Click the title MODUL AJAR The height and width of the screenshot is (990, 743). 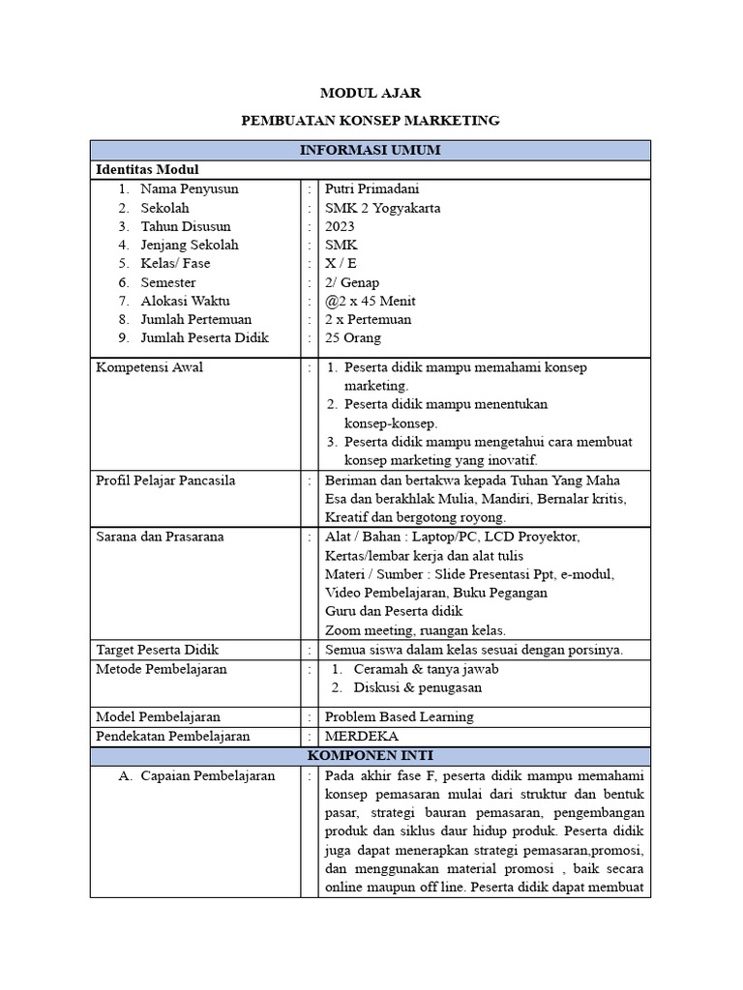point(371,94)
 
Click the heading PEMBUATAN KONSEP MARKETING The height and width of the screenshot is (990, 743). point(371,121)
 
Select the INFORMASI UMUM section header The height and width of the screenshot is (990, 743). point(371,151)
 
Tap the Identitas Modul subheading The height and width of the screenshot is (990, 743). point(147,170)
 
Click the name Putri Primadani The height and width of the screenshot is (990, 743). point(372,189)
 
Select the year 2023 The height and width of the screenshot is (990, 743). point(341,226)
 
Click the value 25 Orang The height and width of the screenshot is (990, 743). point(353,338)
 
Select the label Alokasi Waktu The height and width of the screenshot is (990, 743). point(185,301)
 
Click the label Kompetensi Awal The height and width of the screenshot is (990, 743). point(149,367)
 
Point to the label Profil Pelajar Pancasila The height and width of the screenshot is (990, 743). point(165,480)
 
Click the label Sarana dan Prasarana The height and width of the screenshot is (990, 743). point(160,537)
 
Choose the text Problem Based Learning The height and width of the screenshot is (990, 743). point(400,716)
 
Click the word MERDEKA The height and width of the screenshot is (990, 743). point(362,736)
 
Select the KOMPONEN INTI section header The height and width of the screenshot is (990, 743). point(371,755)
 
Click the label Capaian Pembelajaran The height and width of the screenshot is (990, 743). point(208,775)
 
